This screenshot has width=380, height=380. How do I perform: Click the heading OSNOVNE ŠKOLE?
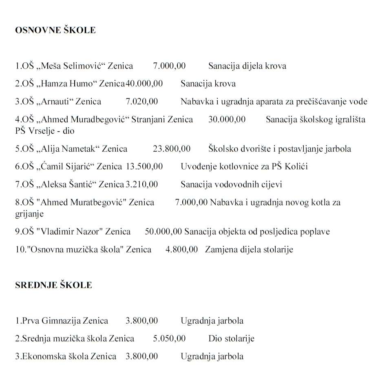tap(55, 30)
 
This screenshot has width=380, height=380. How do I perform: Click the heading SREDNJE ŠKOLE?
tap(53, 285)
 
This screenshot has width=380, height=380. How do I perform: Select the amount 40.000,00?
tap(144, 84)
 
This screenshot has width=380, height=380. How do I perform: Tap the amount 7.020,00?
tap(141, 102)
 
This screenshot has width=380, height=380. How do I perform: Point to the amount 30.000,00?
tap(227, 119)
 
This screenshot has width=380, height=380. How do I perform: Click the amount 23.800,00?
tap(171, 149)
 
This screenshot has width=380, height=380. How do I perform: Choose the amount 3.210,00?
tap(141, 184)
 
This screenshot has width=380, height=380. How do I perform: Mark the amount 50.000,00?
tap(163, 232)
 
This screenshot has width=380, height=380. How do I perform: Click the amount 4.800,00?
tap(181, 249)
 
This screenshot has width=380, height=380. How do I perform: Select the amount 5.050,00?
tap(169, 338)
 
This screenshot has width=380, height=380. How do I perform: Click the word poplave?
tap(314, 232)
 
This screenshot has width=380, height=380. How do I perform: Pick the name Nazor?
tap(91, 232)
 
